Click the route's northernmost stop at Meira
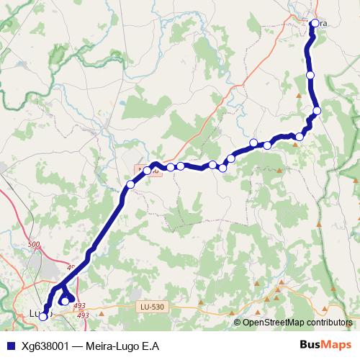pos(314,23)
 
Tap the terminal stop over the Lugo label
pos(43,315)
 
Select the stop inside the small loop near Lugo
pos(64,301)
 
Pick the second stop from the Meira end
pos(310,75)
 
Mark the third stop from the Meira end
pos(317,110)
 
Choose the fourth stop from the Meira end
pos(300,137)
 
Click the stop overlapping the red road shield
pos(147,171)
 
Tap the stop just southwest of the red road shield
pos(130,185)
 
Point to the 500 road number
pos(34,246)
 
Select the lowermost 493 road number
pos(83,315)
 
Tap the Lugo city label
pos(36,313)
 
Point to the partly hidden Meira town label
pos(322,23)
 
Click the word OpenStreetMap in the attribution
pos(274,323)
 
